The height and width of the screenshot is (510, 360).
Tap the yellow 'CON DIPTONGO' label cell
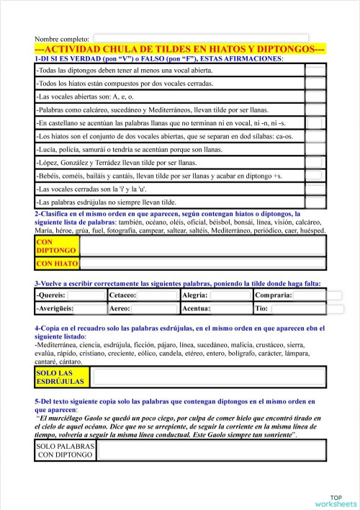point(56,246)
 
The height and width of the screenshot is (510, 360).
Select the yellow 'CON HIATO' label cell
point(56,264)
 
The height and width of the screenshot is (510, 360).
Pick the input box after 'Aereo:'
point(154,308)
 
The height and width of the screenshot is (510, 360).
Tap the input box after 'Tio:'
point(297,308)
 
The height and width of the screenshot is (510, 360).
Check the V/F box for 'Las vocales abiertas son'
point(315,97)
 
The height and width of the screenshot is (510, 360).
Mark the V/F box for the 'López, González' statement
point(315,162)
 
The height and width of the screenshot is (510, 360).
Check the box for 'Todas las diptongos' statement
point(315,71)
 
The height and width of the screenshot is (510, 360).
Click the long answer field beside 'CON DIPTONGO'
point(203,246)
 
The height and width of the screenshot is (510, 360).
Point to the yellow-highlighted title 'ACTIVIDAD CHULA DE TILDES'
point(180,48)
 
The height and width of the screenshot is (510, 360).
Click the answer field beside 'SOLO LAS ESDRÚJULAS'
point(209,377)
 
